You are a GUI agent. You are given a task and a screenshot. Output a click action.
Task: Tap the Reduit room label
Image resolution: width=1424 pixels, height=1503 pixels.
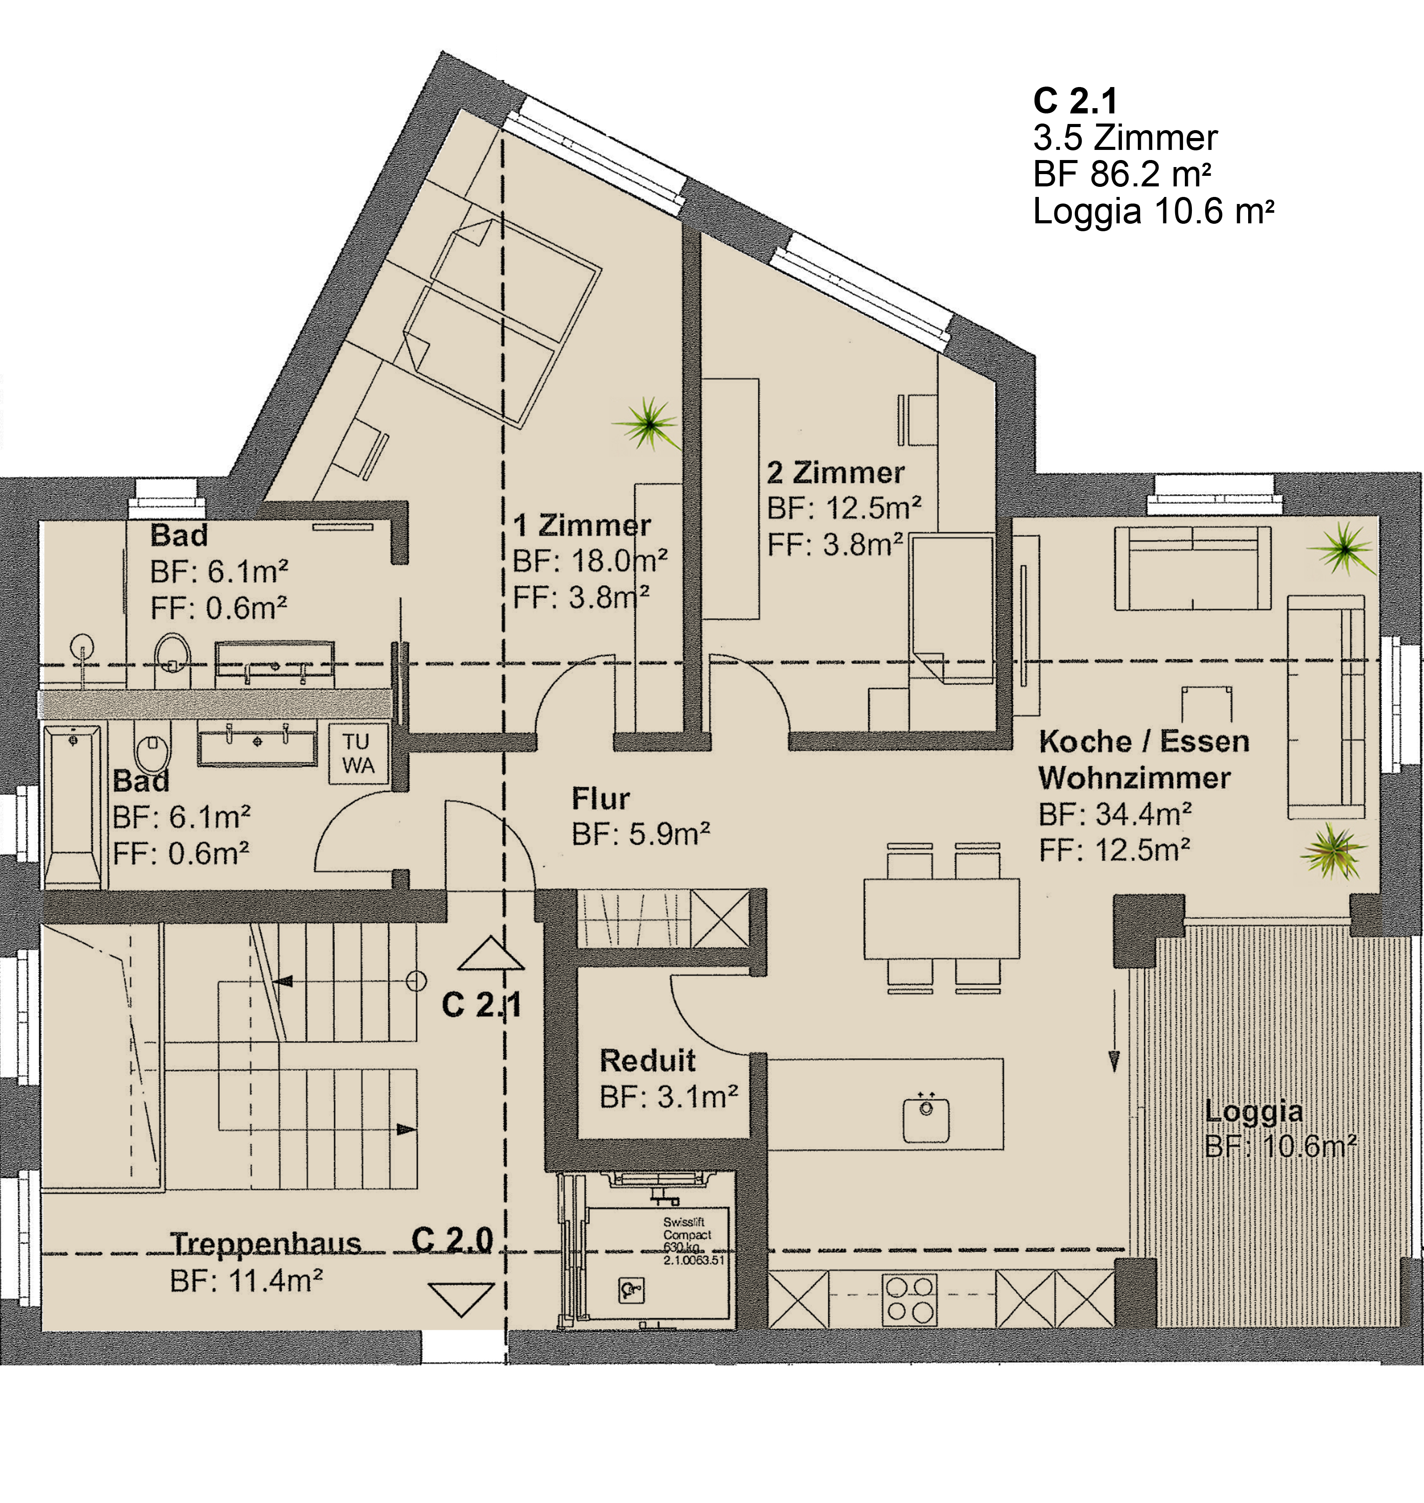coord(648,1060)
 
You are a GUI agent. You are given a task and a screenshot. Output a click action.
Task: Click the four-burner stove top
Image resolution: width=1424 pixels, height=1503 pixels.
coord(909,1299)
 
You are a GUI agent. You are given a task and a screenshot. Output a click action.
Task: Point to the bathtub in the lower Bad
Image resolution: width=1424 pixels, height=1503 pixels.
coord(72,807)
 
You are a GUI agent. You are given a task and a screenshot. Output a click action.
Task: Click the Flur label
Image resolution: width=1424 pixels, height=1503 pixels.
coord(601,799)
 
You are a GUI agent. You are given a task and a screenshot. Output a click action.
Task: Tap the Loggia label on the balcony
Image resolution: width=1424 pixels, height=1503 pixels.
coord(1253,1113)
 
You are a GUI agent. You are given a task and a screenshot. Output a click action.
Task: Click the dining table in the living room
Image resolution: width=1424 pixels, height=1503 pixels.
coord(941,918)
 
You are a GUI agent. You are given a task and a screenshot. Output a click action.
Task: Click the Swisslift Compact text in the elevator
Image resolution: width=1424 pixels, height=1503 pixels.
coord(687,1228)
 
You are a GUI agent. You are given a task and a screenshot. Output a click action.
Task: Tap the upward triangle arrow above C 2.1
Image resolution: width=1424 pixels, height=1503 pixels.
coord(491,953)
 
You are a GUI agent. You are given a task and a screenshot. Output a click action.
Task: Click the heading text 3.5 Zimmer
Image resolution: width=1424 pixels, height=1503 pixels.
coord(1125,138)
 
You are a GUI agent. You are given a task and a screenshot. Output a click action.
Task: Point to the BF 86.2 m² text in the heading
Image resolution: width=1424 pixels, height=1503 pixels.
coord(1122,175)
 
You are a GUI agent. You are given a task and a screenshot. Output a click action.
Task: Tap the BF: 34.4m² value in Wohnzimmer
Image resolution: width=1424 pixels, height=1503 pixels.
coord(1115,815)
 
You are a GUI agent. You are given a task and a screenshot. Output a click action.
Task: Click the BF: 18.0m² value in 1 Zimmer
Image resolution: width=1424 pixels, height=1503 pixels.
coord(590,562)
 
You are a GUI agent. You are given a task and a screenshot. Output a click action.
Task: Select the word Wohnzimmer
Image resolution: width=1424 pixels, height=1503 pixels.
coord(1134,778)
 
